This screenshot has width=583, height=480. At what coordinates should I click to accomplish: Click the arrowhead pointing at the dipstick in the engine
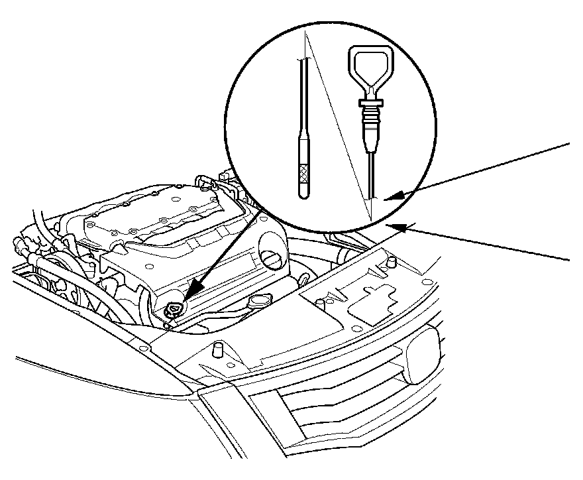(x=192, y=297)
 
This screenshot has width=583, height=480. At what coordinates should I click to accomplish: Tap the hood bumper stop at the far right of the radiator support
(x=392, y=260)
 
